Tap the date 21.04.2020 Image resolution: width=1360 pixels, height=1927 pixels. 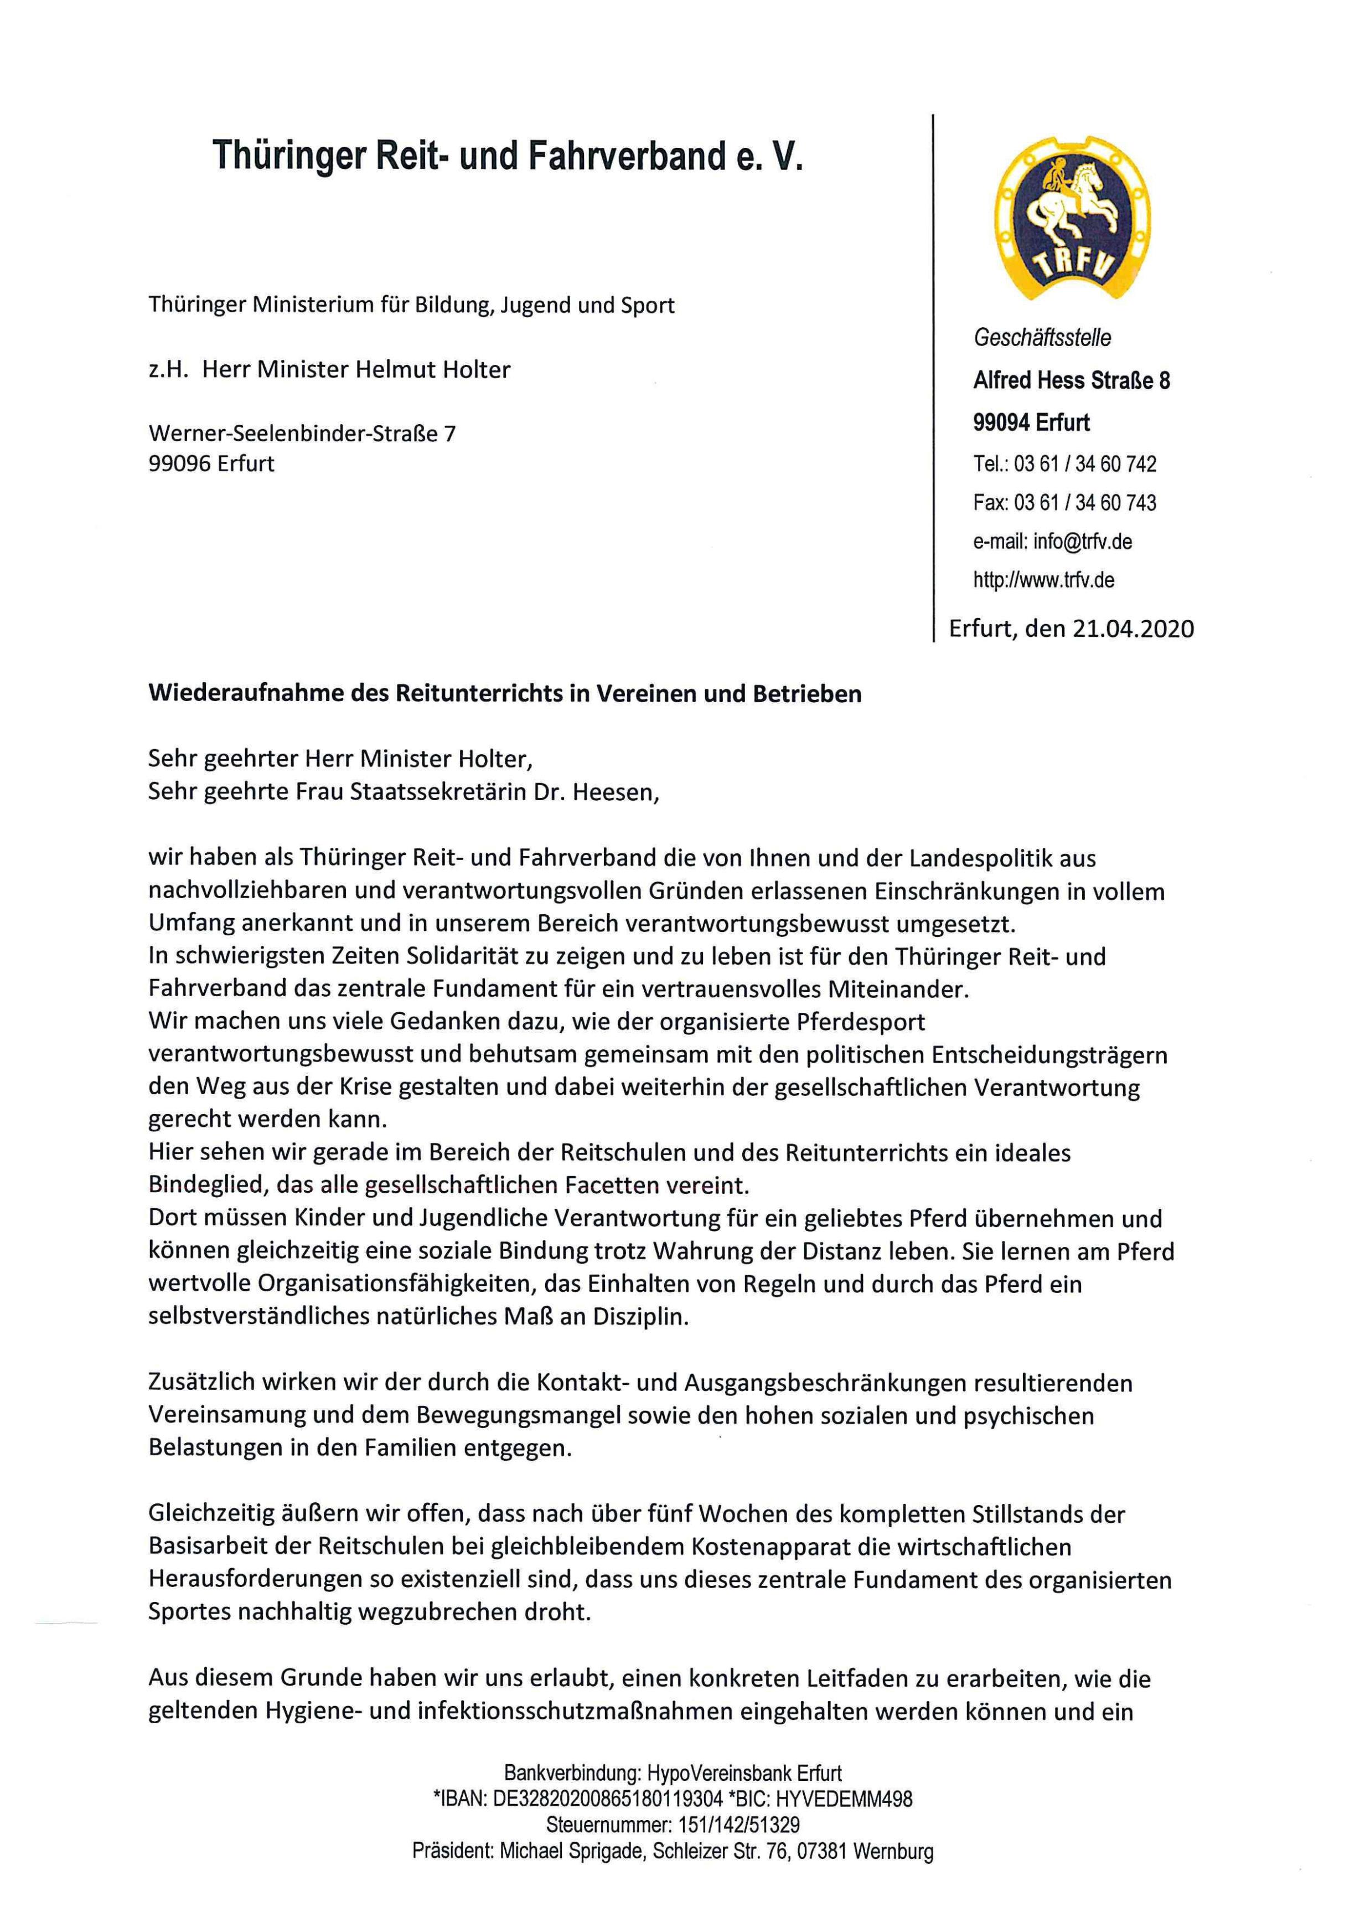pyautogui.click(x=1133, y=628)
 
